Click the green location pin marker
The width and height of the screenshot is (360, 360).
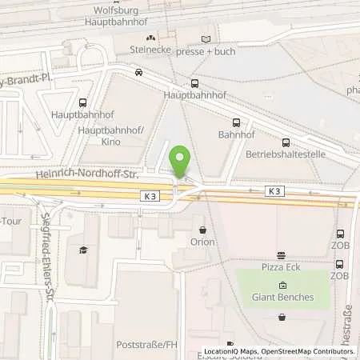click(x=181, y=162)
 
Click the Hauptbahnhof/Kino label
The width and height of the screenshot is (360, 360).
click(x=110, y=135)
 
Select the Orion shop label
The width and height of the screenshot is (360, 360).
click(x=202, y=242)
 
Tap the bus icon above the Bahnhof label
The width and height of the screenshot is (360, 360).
click(x=235, y=123)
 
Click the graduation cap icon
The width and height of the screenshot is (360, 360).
click(x=84, y=250)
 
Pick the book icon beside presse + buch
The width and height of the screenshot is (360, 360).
click(x=206, y=38)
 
